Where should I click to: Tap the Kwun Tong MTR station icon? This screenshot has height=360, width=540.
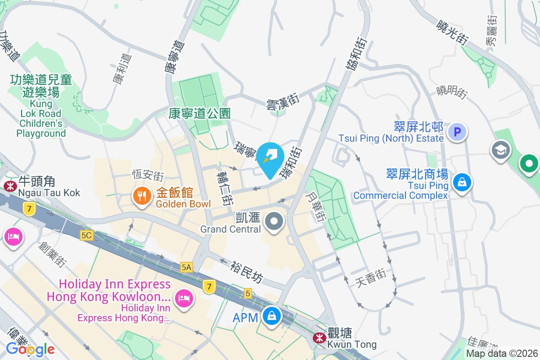coord(320,337)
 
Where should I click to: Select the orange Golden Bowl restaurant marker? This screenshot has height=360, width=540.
coord(142,196)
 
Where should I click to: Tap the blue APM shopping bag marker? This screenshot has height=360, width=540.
coord(272,316)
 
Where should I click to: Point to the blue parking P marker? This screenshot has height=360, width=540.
coord(457,132)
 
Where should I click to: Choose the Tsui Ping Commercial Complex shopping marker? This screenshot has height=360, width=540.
coord(461,182)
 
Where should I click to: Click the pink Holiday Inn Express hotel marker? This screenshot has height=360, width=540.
coord(184,297)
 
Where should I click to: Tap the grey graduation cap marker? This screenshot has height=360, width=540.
coord(501,150)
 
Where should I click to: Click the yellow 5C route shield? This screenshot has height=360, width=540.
coord(87,235)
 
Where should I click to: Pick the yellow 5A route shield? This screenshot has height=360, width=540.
coord(187,267)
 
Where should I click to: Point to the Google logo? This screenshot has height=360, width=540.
coord(30,349)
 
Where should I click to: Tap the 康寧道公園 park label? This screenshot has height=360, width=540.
coord(200,113)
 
